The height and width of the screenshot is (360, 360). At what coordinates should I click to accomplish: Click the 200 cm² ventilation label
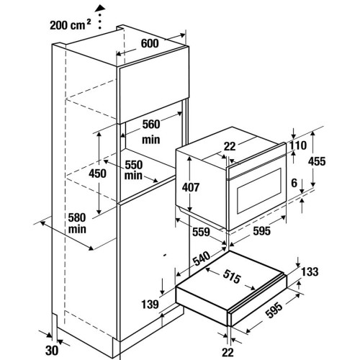[x=71, y=24]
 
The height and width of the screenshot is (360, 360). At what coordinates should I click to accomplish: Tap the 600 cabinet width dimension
[x=150, y=43]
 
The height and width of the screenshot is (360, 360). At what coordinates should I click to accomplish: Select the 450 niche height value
[x=97, y=174]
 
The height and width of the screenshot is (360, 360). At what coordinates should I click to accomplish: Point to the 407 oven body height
[x=191, y=187]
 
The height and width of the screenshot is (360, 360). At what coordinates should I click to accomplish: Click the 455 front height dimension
[x=317, y=161]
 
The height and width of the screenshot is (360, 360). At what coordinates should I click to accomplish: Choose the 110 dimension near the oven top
[x=298, y=145]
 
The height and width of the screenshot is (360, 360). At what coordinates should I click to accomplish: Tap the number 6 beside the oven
[x=294, y=183]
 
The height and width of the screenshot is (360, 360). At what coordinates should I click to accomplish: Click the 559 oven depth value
[x=201, y=232]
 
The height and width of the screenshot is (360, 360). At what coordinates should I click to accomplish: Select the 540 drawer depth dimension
[x=202, y=258]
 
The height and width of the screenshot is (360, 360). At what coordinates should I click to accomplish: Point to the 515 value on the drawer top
[x=232, y=276]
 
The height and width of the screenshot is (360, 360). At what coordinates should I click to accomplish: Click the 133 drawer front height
[x=310, y=271]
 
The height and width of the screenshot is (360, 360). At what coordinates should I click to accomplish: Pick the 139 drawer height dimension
[x=150, y=305]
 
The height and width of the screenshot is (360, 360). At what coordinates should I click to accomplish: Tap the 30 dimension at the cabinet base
[x=52, y=351]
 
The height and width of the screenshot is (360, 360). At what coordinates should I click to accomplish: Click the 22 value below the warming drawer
[x=228, y=352]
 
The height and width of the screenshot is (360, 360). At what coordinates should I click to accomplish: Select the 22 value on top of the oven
[x=230, y=146]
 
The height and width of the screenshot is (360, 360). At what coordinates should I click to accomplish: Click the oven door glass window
[x=259, y=191]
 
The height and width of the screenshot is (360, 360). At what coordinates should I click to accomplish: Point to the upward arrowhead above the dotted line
[x=100, y=9]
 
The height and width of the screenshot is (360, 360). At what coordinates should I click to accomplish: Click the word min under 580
[x=77, y=229]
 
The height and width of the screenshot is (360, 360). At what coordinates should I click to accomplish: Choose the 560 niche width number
[x=151, y=125]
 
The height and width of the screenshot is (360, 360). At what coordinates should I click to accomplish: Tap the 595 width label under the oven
[x=261, y=231]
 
